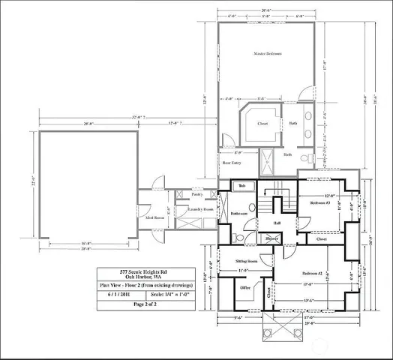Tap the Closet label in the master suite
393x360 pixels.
click(263, 123)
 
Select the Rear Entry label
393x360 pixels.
click(231, 162)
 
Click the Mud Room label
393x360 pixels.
click(155, 217)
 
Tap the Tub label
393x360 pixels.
click(241, 185)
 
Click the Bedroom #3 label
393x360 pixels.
click(316, 202)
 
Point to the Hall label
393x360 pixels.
click(277, 223)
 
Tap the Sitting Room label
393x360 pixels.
click(247, 262)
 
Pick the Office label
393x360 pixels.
click(244, 287)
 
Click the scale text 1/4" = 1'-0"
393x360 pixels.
click(172, 295)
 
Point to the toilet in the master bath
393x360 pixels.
click(304, 159)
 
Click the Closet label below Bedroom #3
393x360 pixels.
click(321, 240)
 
